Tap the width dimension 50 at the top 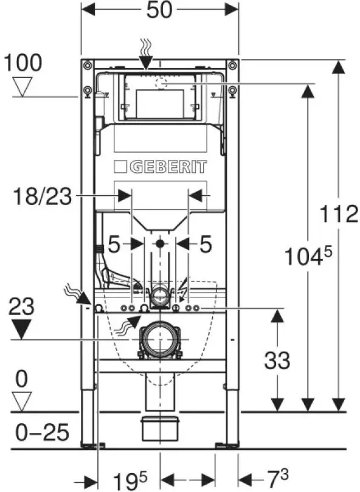[159, 10]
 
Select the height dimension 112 [339, 214]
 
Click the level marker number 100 [22, 63]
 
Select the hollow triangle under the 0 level [22, 400]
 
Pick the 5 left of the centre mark [114, 244]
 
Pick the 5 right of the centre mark [205, 244]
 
